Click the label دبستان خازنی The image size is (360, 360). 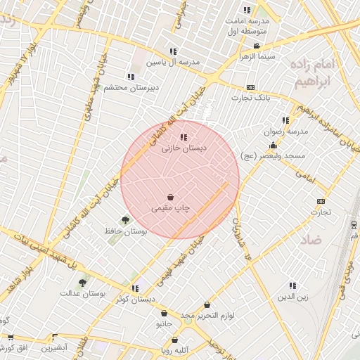(181, 149)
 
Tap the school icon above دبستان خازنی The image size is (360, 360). (184, 138)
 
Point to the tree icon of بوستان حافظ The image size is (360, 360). (125, 220)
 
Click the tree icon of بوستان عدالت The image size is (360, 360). (82, 283)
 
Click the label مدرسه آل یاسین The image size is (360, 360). (173, 63)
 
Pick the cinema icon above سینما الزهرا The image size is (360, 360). (258, 46)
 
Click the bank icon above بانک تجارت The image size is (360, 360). (251, 86)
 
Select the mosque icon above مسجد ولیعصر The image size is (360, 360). (273, 145)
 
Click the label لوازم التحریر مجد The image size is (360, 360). (207, 316)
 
